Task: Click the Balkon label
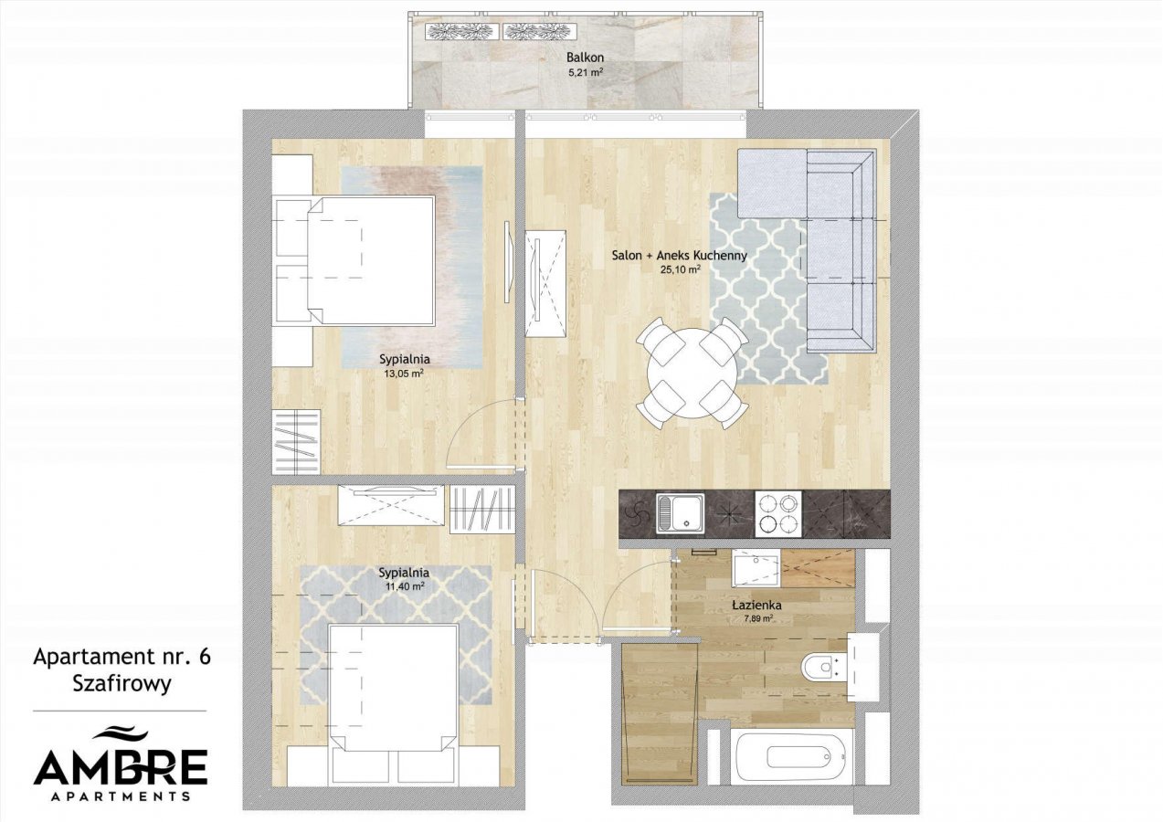(585, 58)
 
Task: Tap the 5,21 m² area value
(586, 73)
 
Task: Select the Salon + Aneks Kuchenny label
(679, 256)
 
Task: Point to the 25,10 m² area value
(680, 269)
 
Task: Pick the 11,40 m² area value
(405, 586)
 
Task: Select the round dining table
(693, 374)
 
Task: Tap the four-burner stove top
(777, 513)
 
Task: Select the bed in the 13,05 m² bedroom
(371, 260)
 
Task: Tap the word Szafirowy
(122, 684)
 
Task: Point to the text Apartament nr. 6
(122, 657)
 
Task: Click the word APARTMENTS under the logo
(121, 796)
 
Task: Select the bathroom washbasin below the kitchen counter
(756, 570)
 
